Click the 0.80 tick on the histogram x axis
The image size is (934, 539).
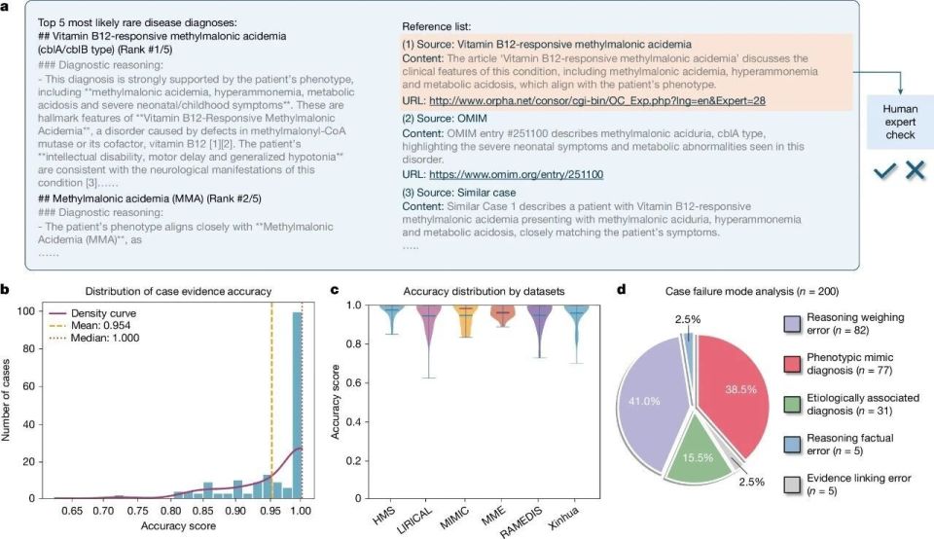coord(170,510)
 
